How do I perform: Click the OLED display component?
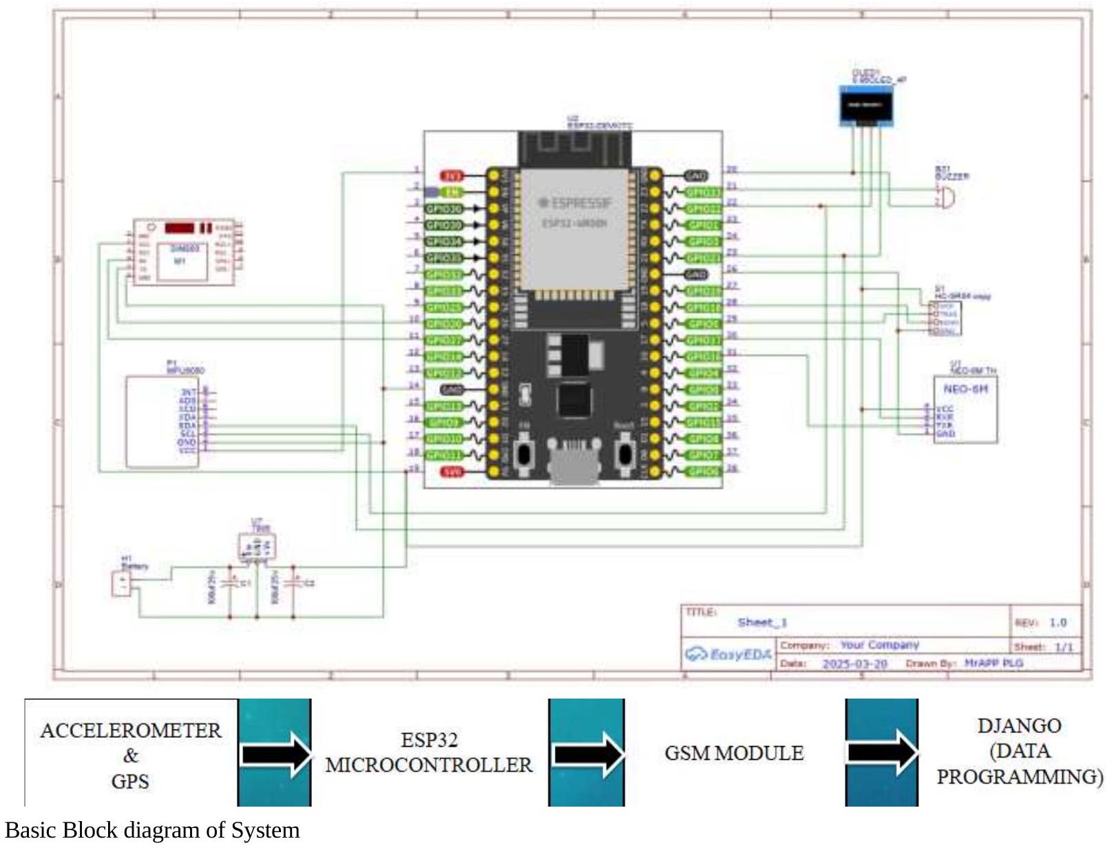click(x=865, y=106)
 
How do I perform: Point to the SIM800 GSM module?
click(x=183, y=253)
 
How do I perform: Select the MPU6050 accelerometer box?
click(x=162, y=421)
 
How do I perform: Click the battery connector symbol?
click(x=122, y=584)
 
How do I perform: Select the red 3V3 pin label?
click(x=452, y=176)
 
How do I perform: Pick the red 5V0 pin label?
click(x=452, y=472)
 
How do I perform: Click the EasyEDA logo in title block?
click(x=728, y=654)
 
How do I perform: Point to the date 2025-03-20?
click(x=854, y=663)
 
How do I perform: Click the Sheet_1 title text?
click(x=761, y=622)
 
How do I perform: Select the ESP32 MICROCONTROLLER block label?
click(x=428, y=752)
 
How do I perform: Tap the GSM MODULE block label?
click(x=734, y=753)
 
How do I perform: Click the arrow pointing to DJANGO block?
click(x=882, y=752)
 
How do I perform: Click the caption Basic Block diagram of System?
click(x=152, y=830)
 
